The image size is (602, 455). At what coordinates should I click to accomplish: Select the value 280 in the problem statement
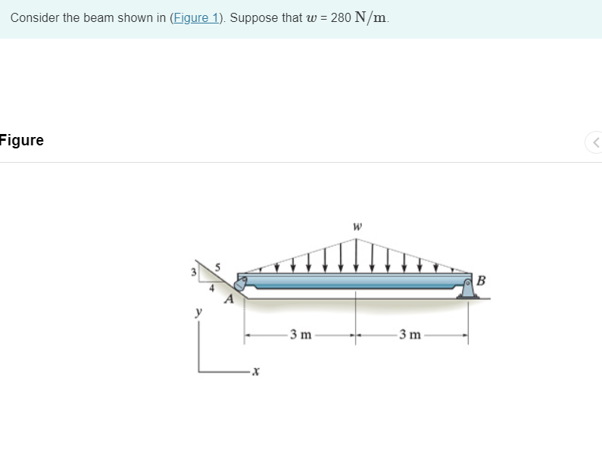tap(340, 18)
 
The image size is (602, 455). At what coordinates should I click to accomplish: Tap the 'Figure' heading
tap(22, 140)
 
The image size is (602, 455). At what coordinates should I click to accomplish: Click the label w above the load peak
tap(357, 226)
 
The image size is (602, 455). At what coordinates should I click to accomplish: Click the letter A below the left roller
tap(227, 300)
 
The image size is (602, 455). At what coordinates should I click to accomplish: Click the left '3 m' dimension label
tap(301, 335)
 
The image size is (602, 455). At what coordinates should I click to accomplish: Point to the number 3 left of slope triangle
tap(194, 271)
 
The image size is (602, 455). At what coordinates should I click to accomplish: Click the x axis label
tap(256, 371)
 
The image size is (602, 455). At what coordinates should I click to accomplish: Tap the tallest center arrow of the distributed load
tap(356, 254)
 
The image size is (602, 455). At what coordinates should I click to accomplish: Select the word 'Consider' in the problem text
tap(34, 18)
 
